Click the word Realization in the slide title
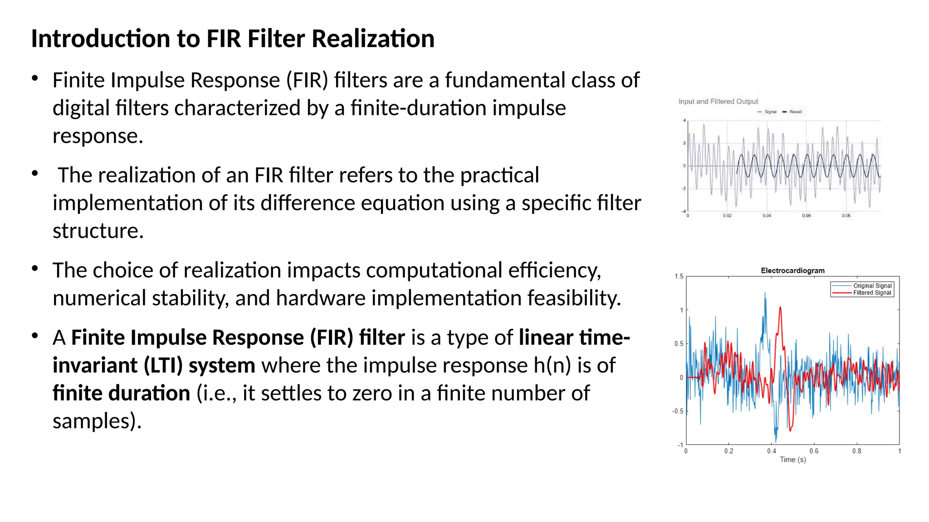pyautogui.click(x=373, y=39)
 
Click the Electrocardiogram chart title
pyautogui.click(x=792, y=271)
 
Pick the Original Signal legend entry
pyautogui.click(x=872, y=286)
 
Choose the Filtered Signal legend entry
pyautogui.click(x=872, y=293)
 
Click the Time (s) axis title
pyautogui.click(x=792, y=459)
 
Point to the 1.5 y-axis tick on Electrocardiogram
pyautogui.click(x=679, y=276)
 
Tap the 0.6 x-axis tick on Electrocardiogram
pyautogui.click(x=814, y=451)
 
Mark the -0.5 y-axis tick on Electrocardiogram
pyautogui.click(x=678, y=411)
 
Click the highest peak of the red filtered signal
pyautogui.click(x=780, y=308)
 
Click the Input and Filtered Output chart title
pyautogui.click(x=718, y=101)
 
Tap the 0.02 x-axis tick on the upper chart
pyautogui.click(x=727, y=216)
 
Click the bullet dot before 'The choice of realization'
pyautogui.click(x=35, y=269)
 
